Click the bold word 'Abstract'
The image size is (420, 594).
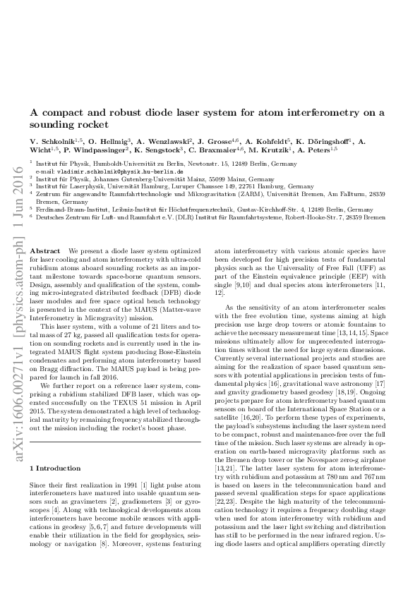point(46,251)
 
